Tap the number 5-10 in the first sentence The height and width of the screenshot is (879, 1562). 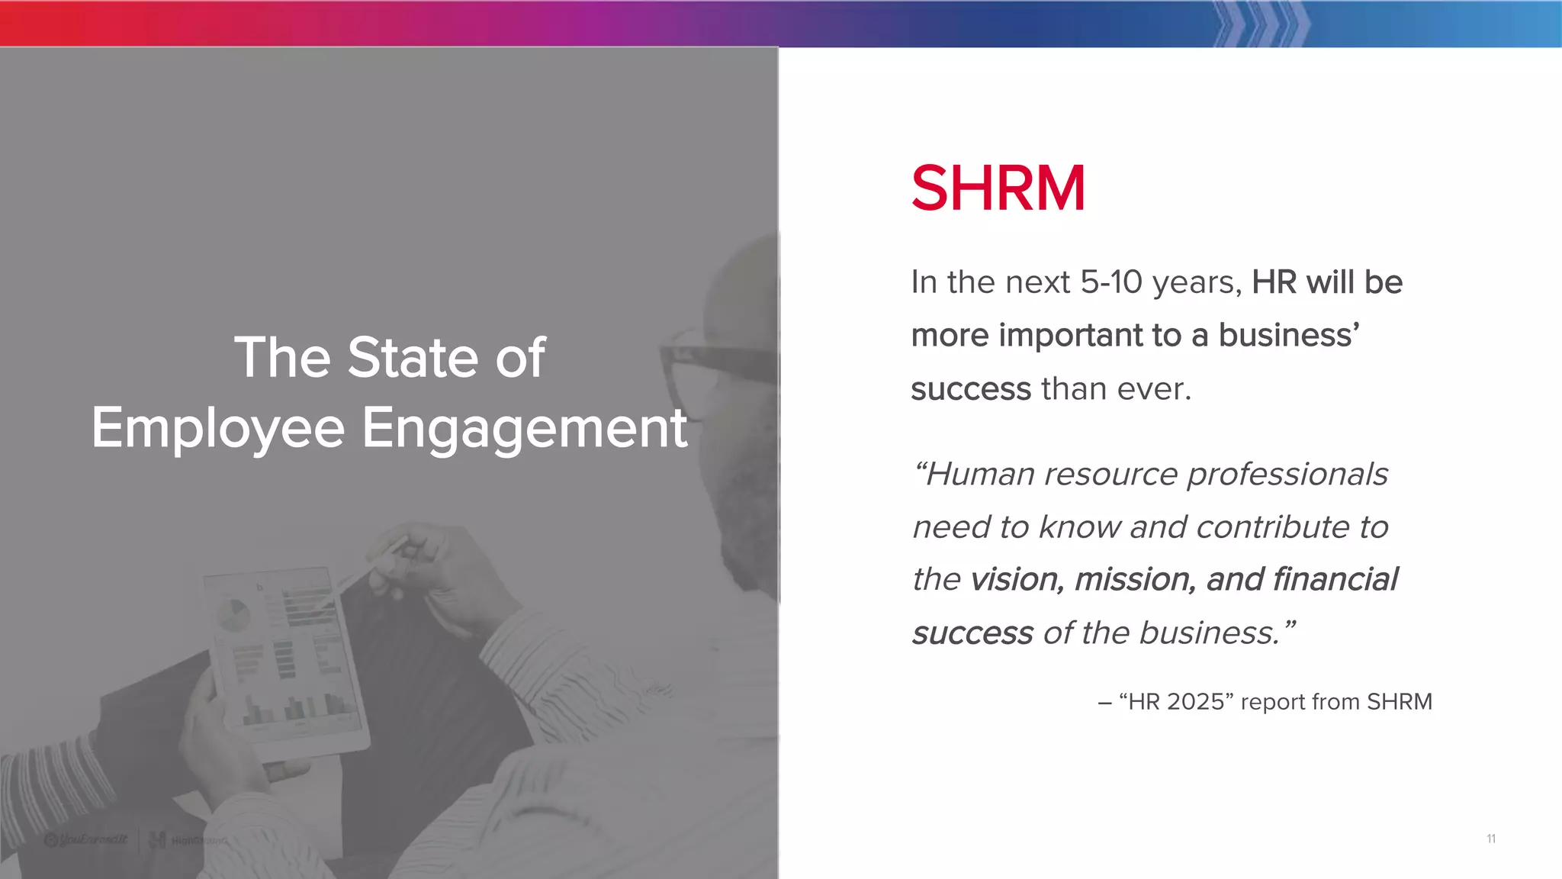[x=1111, y=282]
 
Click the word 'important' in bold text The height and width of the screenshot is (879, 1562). [x=1070, y=336]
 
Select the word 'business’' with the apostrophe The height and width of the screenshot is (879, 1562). [x=1289, y=336]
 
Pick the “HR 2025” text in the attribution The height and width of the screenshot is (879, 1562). [x=1175, y=702]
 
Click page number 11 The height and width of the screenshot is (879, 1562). [x=1490, y=839]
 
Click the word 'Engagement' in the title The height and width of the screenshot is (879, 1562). [x=524, y=428]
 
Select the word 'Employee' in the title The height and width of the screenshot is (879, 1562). [x=218, y=428]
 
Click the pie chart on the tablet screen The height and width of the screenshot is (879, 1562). [x=233, y=615]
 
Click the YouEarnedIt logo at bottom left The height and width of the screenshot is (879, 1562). [x=85, y=840]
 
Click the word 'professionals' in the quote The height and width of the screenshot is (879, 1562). [x=1287, y=475]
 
